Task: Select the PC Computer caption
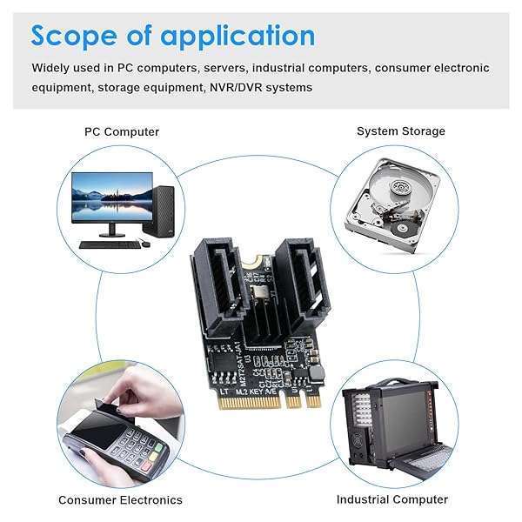pyautogui.click(x=122, y=131)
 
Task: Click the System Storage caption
pyautogui.click(x=400, y=131)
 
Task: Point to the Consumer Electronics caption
pyautogui.click(x=120, y=499)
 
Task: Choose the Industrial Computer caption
pyautogui.click(x=392, y=499)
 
